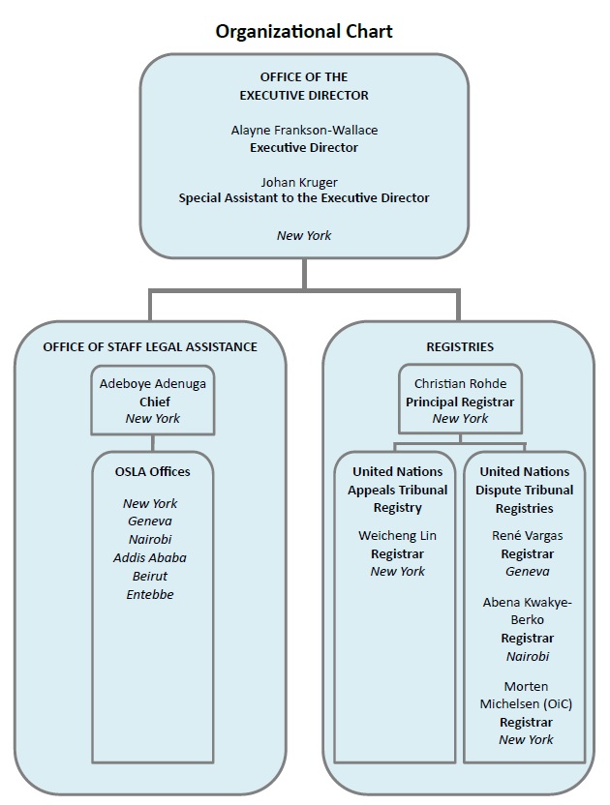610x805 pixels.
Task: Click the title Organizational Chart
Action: (304, 32)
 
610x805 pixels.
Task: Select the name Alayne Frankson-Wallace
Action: (304, 130)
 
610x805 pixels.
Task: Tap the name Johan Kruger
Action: (299, 182)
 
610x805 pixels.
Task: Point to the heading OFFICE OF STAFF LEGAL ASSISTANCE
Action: (150, 347)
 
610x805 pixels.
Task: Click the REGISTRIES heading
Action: (460, 347)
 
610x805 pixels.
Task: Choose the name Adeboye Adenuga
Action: (153, 384)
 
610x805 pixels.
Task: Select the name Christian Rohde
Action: (461, 383)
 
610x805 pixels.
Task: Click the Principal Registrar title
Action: (460, 402)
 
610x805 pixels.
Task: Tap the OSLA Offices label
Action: (153, 471)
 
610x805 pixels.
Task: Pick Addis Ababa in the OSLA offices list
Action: (150, 557)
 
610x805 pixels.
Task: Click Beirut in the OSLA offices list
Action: (150, 576)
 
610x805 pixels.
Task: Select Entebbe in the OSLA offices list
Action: (150, 594)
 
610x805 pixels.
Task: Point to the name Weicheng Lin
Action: (397, 536)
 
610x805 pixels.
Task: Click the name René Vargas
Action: (528, 536)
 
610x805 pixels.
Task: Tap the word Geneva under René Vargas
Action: (528, 572)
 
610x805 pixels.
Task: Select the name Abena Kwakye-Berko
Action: (528, 611)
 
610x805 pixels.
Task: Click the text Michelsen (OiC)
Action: (526, 703)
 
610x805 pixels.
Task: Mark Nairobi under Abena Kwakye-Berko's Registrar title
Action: (528, 656)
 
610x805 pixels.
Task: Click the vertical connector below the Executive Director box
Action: (304, 274)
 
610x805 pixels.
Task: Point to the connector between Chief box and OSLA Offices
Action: (153, 443)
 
